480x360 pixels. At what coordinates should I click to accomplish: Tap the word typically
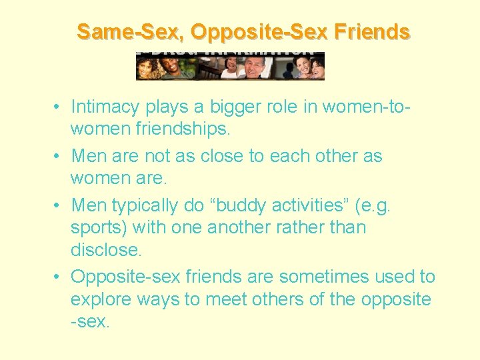154,206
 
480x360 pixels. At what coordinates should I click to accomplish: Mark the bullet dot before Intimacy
59,107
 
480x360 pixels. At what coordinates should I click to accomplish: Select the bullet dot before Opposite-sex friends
59,277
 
